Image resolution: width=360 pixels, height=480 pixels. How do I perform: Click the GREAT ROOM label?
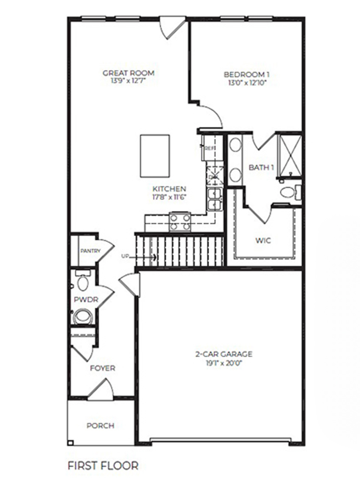[x=128, y=73]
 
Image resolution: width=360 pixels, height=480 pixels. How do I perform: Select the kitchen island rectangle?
[x=155, y=156]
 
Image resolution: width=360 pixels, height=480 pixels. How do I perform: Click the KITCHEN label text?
[x=169, y=189]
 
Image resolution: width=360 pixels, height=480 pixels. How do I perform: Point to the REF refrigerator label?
[x=209, y=148]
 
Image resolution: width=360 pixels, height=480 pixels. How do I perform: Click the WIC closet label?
[x=263, y=240]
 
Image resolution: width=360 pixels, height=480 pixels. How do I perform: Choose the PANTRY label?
[x=90, y=251]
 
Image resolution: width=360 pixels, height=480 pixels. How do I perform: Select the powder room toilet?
[x=83, y=317]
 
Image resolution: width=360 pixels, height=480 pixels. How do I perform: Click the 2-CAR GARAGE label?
[x=224, y=354]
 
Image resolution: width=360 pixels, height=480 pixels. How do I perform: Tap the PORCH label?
[x=100, y=426]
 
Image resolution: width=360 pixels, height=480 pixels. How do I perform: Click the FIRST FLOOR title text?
[x=103, y=466]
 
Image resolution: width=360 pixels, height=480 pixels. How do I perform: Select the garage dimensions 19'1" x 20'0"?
[x=224, y=363]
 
